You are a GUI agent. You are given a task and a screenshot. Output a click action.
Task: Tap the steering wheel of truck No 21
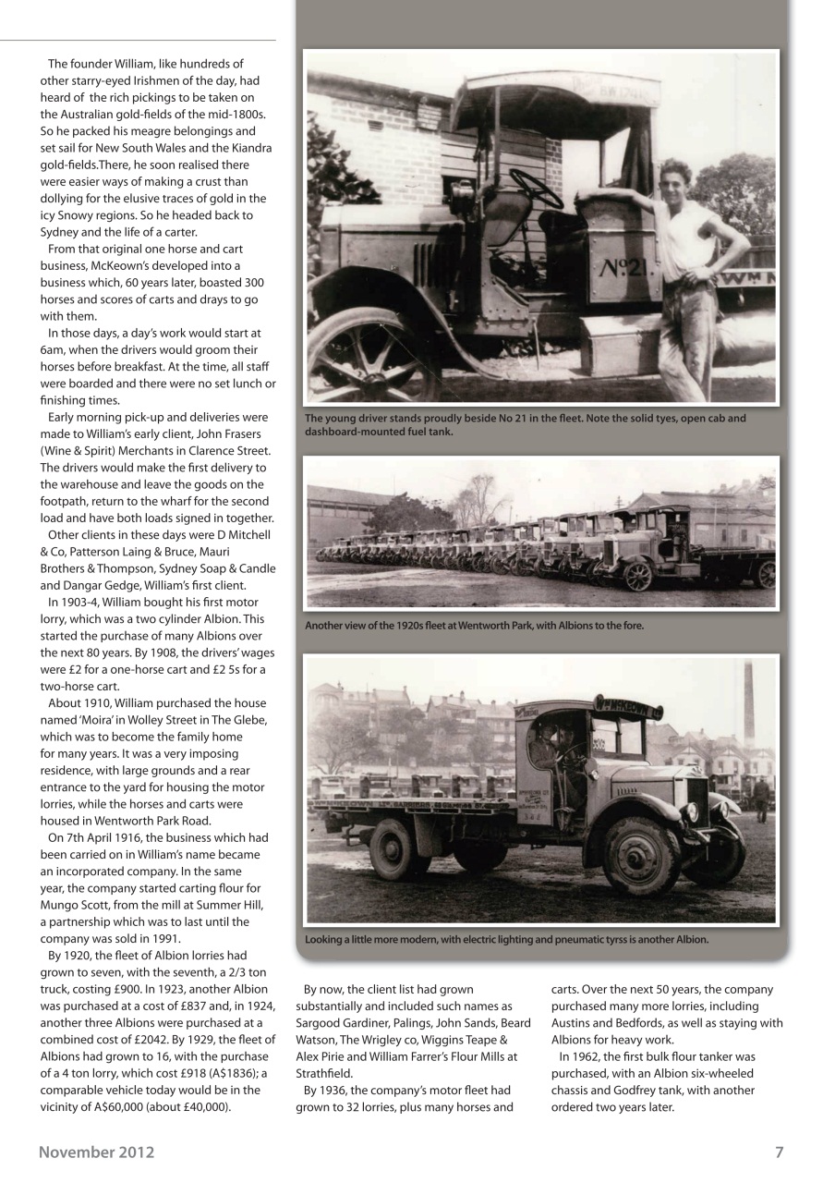(x=536, y=188)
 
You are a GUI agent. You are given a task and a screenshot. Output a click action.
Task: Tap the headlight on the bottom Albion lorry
(x=691, y=811)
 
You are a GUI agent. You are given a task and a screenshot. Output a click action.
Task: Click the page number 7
(x=779, y=1152)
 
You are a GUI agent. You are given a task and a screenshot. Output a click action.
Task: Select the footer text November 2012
(x=96, y=1152)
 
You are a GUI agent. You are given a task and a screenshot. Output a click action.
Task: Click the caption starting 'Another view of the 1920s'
(x=474, y=626)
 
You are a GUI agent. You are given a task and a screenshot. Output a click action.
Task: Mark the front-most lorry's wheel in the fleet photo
(x=638, y=576)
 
